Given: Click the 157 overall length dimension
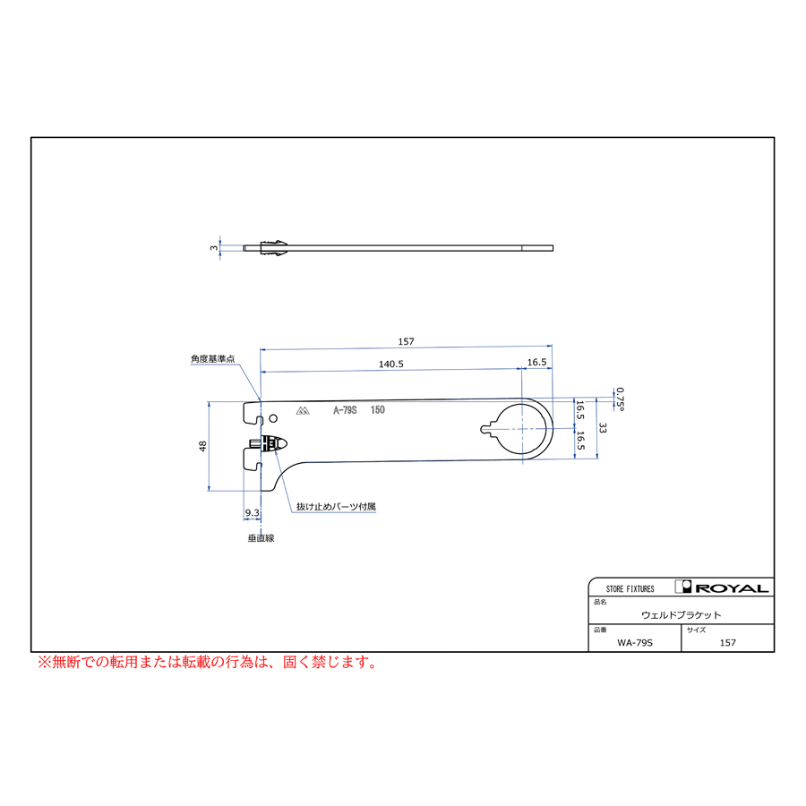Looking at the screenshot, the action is [x=406, y=341].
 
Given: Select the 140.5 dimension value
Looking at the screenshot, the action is [x=391, y=364].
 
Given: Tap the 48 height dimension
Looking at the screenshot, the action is [x=202, y=446].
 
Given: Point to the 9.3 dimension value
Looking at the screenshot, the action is [x=252, y=512].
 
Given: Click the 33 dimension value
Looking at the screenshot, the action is [x=603, y=428].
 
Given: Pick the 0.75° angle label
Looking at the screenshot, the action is [x=621, y=399].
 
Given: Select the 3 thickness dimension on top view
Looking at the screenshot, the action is [x=214, y=248].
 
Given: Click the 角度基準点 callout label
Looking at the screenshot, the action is [x=213, y=359].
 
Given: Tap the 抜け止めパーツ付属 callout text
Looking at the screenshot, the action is [x=336, y=506].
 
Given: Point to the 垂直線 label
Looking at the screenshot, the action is [x=262, y=538].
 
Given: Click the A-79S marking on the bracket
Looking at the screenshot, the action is [x=345, y=409].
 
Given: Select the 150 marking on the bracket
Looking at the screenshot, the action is [x=378, y=409].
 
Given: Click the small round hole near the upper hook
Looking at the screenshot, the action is [x=273, y=418].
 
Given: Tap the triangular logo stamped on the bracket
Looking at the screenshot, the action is [x=303, y=411].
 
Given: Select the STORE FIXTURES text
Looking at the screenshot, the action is [x=630, y=589].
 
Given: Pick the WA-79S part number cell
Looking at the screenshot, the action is [x=635, y=642].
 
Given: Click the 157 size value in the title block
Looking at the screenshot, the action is [x=728, y=642].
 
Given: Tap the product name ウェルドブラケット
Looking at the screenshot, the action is [x=682, y=614].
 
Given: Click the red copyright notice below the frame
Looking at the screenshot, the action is [x=208, y=662].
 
